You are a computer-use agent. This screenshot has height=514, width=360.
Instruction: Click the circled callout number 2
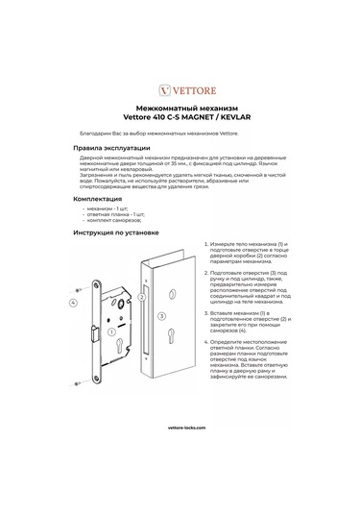141,298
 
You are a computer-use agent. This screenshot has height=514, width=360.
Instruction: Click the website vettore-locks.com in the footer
180,452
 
